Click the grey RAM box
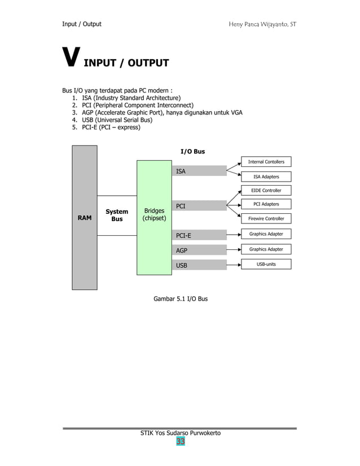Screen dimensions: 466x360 [85, 217]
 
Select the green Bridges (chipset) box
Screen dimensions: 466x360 [154, 217]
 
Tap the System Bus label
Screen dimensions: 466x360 [117, 215]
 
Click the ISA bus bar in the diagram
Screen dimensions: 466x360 [199, 171]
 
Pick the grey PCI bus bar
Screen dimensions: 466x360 [199, 206]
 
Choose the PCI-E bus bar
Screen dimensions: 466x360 [199, 235]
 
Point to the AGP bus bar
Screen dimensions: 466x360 [199, 250]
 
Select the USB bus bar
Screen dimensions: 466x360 [199, 265]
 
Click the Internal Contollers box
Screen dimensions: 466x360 [266, 162]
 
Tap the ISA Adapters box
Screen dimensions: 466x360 [266, 177]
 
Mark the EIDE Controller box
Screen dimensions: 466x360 [266, 191]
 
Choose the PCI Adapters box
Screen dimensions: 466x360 [266, 204]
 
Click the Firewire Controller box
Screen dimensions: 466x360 [266, 218]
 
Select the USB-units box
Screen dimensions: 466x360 [266, 264]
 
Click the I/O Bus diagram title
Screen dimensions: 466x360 [192, 151]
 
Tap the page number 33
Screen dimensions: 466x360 [180, 441]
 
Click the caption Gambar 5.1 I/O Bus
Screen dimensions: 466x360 [181, 298]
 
